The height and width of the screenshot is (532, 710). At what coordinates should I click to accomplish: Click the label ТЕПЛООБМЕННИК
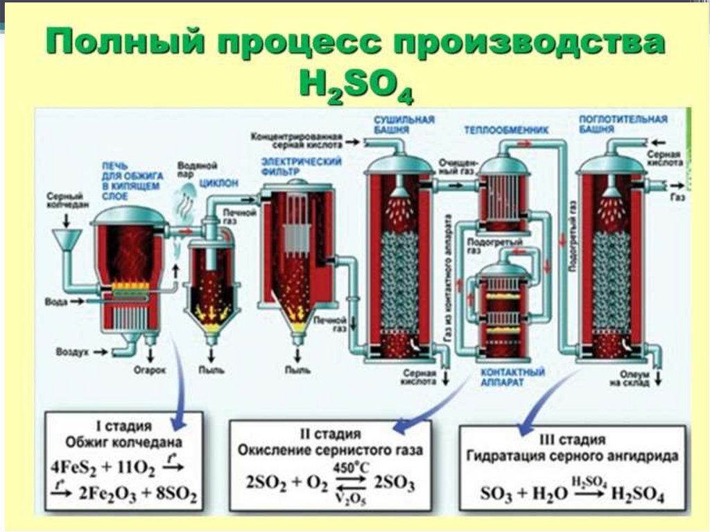(x=505, y=130)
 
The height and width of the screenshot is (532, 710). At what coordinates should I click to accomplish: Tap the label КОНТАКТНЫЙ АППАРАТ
(x=512, y=378)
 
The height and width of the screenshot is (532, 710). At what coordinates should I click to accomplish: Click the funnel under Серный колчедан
(x=66, y=240)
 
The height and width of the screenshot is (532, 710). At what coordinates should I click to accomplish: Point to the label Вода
(x=55, y=302)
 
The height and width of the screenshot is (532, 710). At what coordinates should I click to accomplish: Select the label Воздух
(x=74, y=353)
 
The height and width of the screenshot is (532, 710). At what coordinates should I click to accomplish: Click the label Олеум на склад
(x=629, y=378)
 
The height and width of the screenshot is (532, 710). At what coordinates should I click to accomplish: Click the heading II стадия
(x=329, y=434)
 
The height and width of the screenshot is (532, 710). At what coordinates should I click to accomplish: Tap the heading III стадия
(x=573, y=440)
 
